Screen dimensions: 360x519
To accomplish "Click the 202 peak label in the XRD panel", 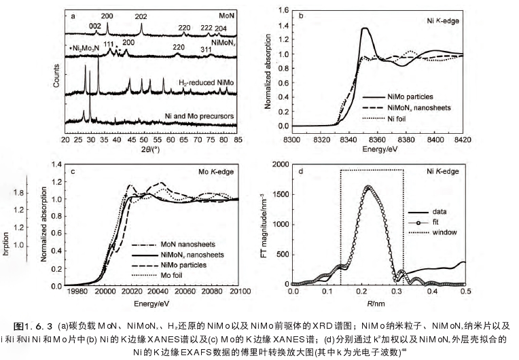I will point(141,16).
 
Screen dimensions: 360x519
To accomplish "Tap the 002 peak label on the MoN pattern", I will point(94,26).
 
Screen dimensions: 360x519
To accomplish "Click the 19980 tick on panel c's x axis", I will point(78,291).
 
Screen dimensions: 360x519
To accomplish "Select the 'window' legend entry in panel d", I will point(445,233).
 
